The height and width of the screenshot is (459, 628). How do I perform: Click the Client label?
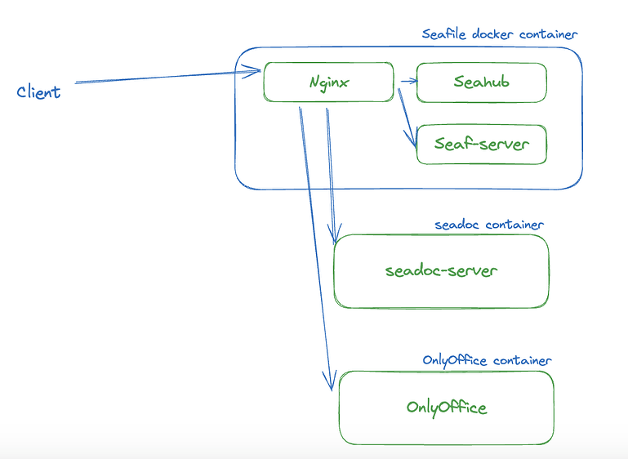click(38, 91)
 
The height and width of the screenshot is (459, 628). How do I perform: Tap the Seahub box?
click(481, 82)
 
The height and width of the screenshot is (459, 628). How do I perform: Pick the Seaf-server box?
click(481, 145)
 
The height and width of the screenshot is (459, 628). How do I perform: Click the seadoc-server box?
click(441, 271)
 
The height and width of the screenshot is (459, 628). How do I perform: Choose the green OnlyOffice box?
click(446, 407)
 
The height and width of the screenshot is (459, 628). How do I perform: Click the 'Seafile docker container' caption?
click(499, 34)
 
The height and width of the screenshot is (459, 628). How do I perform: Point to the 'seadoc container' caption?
click(489, 225)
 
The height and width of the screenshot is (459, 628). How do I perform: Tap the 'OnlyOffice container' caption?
click(487, 360)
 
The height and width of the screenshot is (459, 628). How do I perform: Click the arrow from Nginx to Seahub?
click(407, 82)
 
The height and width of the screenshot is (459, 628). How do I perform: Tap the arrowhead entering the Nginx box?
click(254, 72)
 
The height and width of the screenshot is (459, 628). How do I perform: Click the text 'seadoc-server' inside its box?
click(441, 271)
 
